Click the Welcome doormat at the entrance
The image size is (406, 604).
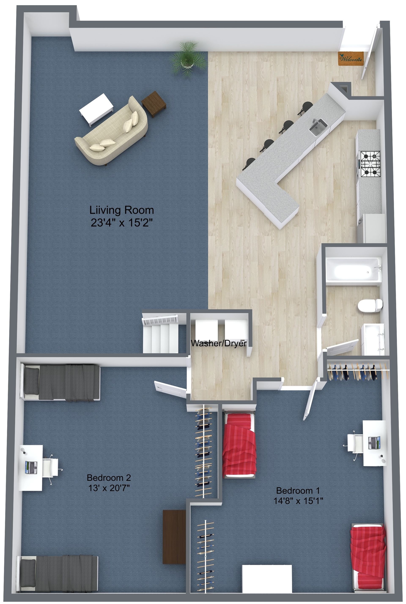pyautogui.click(x=351, y=57)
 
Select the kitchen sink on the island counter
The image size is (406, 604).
pyautogui.click(x=318, y=127)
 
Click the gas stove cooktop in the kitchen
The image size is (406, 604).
pyautogui.click(x=371, y=164)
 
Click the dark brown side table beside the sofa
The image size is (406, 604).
pyautogui.click(x=154, y=104)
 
